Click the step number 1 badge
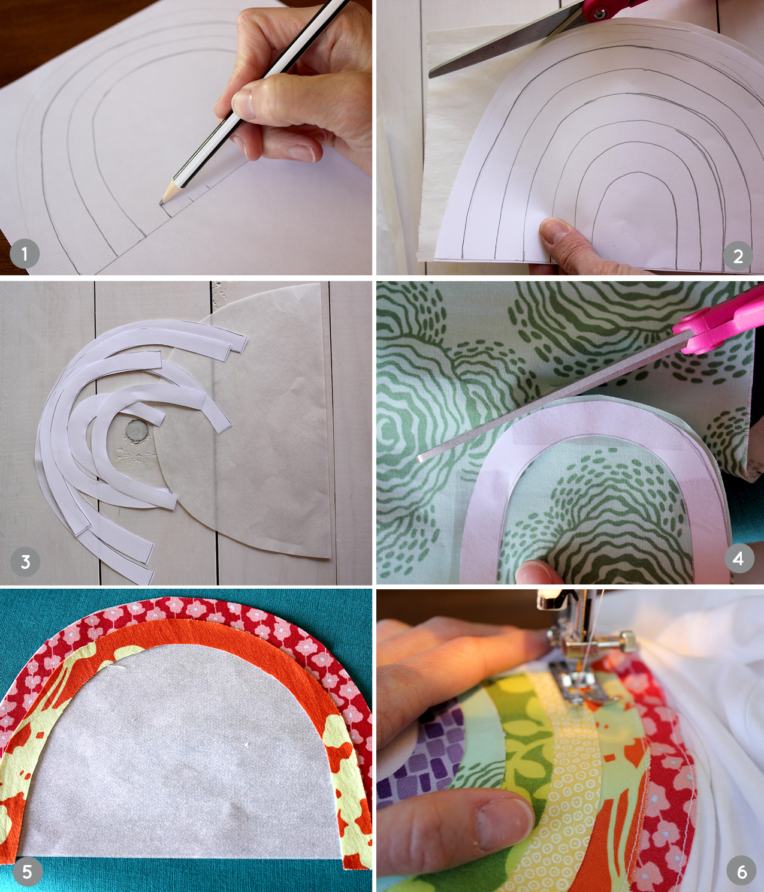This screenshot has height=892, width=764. click(25, 254)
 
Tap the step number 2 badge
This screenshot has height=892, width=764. click(738, 256)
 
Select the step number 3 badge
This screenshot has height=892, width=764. click(25, 562)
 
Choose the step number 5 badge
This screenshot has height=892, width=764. click(28, 871)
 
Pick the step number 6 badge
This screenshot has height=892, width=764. click(742, 871)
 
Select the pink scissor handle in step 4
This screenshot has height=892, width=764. click(720, 320)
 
